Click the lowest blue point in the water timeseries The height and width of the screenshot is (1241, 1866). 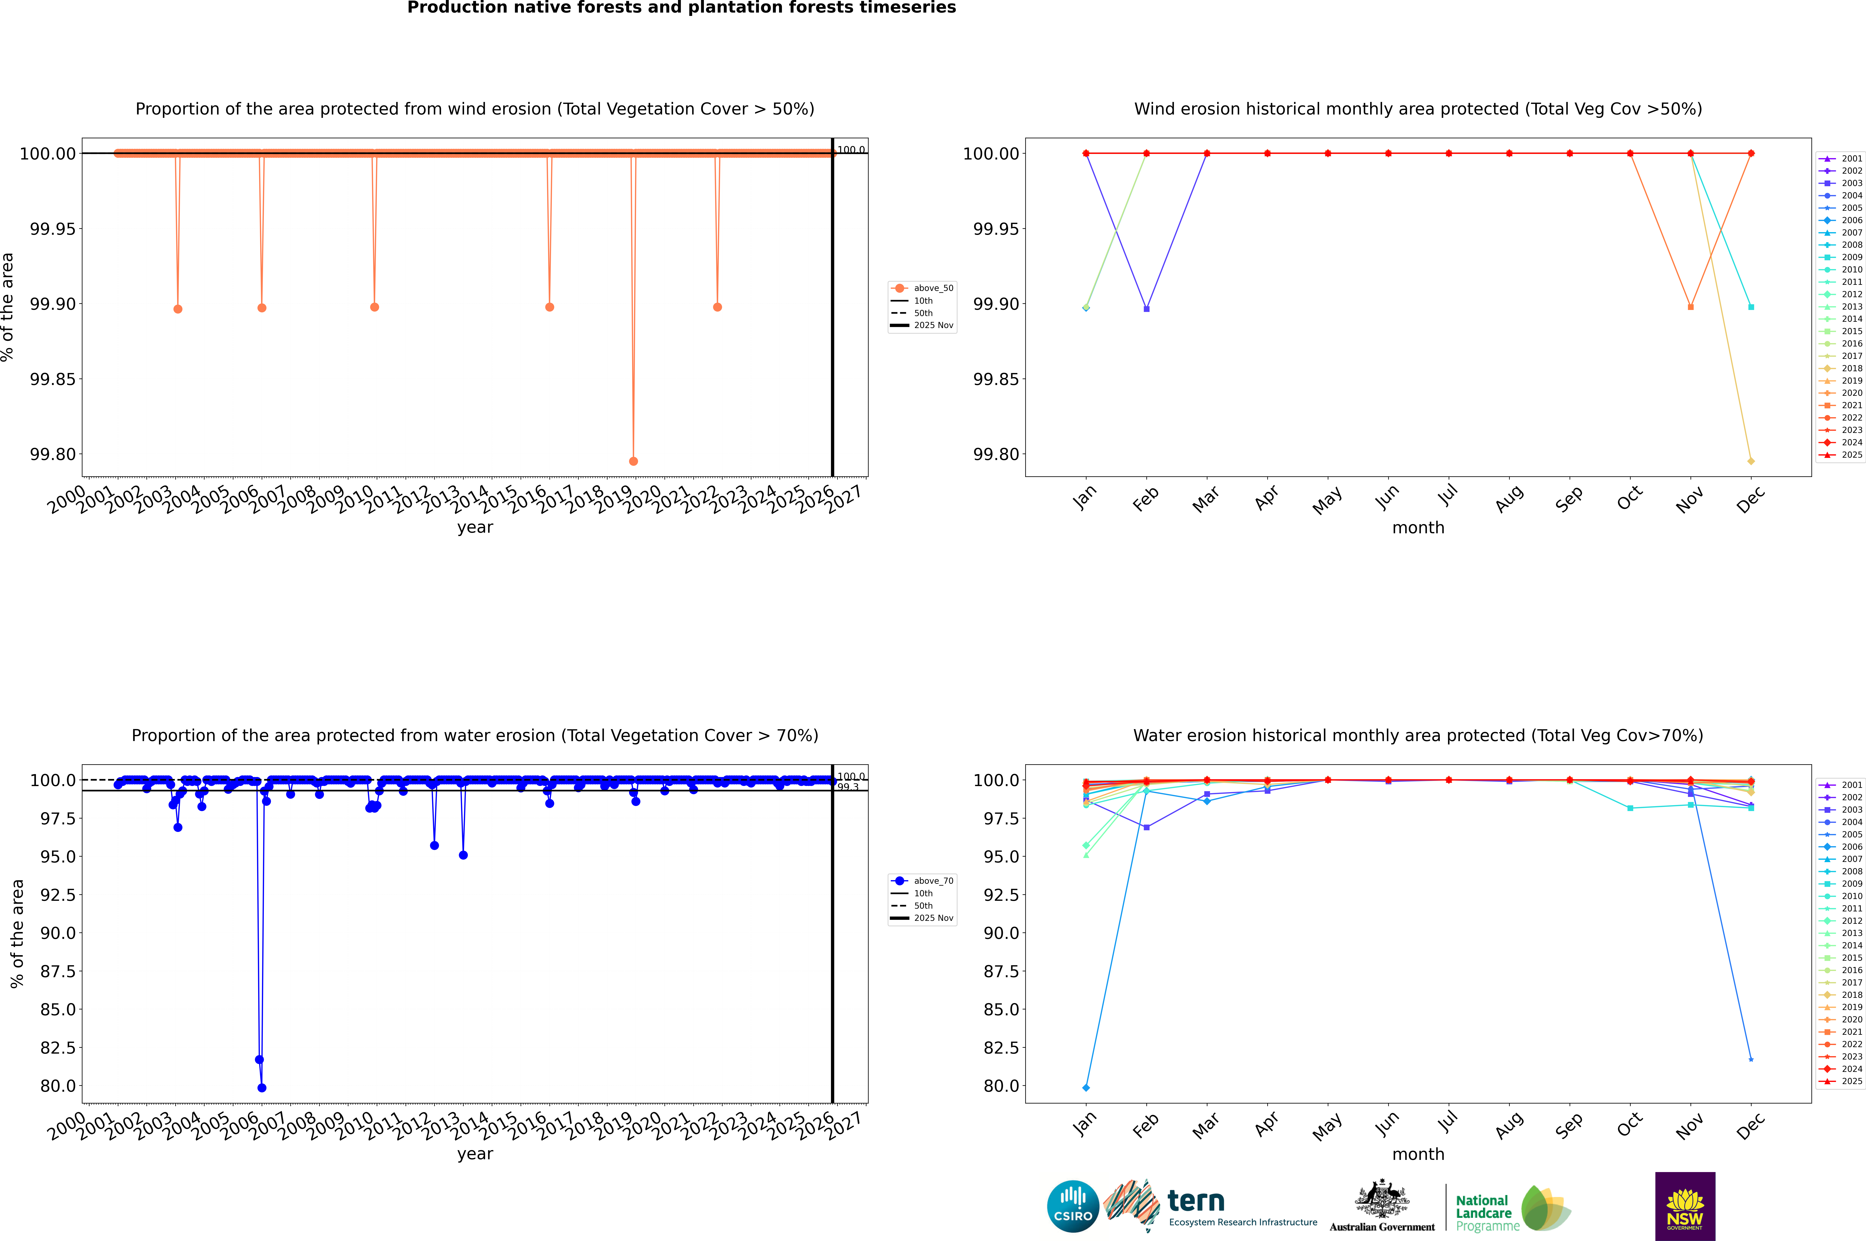coord(262,1087)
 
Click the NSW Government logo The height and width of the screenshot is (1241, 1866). coord(1685,1206)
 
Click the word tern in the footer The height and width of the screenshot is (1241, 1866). coord(1196,1202)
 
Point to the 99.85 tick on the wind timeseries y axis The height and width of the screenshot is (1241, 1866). coord(53,379)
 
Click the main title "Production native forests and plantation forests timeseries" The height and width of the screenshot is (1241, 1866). coord(681,8)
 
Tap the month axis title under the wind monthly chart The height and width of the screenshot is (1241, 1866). coord(1417,528)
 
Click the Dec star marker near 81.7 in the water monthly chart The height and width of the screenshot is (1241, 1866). coord(1751,1059)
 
